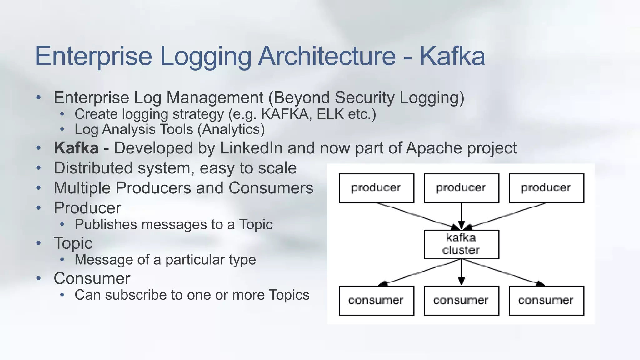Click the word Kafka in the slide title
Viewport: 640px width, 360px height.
coord(452,56)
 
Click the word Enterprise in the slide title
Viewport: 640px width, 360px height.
coord(93,56)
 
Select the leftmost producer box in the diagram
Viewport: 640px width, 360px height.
coord(377,188)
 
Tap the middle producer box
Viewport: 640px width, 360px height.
coord(461,188)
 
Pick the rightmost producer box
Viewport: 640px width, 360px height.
coord(546,188)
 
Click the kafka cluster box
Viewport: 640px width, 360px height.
coord(461,244)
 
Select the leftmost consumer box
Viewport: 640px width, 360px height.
coord(377,301)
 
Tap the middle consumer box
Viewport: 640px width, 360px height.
coord(461,301)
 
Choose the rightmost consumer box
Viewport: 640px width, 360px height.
coord(546,301)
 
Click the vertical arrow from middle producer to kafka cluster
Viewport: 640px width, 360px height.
coord(462,216)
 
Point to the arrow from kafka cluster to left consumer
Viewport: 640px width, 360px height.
coord(419,272)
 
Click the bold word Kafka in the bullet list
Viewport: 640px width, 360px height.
coord(76,148)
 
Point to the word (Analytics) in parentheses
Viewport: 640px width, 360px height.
coord(231,129)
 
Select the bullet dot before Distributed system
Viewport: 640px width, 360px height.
coord(38,168)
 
